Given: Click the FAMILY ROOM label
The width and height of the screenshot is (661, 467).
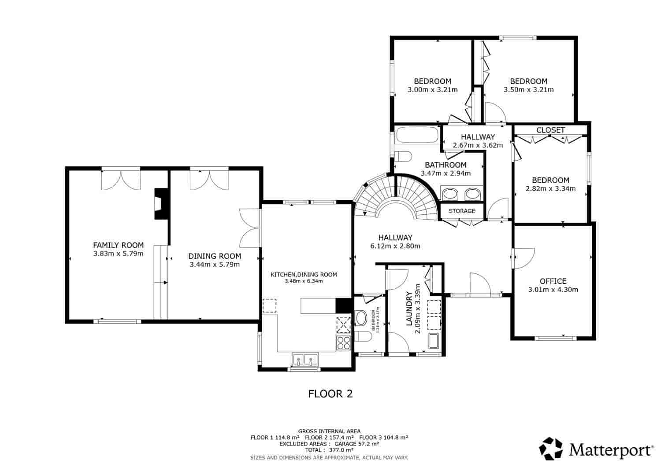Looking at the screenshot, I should (x=118, y=245).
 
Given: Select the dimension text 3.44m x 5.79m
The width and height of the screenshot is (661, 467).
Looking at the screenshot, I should (x=215, y=265).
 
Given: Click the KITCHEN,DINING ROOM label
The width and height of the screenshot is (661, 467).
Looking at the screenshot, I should (x=304, y=275).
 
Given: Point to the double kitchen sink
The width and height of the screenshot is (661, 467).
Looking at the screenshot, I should (x=305, y=360).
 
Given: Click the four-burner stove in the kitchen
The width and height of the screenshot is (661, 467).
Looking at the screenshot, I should (x=343, y=343).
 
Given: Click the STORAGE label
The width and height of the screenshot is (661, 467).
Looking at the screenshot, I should (x=462, y=211).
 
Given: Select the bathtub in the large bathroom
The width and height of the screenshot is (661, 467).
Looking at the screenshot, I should (x=417, y=135).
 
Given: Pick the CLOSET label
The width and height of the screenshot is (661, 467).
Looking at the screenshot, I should (x=550, y=130).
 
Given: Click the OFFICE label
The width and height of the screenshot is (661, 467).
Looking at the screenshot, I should (x=553, y=281).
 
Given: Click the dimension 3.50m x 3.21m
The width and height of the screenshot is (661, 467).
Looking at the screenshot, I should (x=528, y=89).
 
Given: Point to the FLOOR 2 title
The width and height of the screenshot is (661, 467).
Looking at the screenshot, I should (x=330, y=393).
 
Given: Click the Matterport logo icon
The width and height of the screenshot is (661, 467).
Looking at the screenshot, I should (x=551, y=449).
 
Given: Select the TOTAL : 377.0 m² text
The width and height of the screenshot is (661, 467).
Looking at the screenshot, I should (x=329, y=450).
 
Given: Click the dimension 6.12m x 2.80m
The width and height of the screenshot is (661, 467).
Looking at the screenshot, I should (x=395, y=246).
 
